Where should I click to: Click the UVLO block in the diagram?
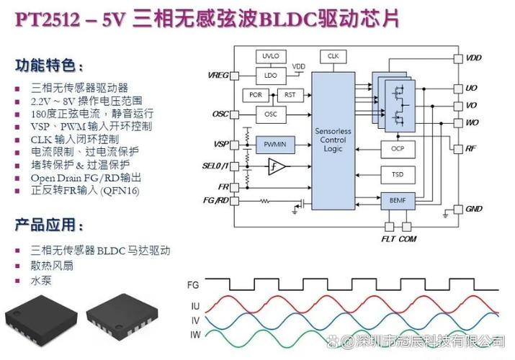271,56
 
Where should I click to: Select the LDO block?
271,76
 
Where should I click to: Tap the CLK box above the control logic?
333,56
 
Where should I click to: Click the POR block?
256,95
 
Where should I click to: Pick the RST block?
290,95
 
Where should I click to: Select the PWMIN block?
275,145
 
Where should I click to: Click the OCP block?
398,149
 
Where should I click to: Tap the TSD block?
398,175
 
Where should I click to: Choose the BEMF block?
398,201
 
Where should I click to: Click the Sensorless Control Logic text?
333,140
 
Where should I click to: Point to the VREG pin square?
234,76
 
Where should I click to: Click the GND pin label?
474,209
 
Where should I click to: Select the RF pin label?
470,148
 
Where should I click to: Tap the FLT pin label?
388,239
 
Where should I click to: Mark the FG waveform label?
193,285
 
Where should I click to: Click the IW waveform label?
195,335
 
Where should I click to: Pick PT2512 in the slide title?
48,19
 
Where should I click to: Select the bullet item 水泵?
41,281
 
